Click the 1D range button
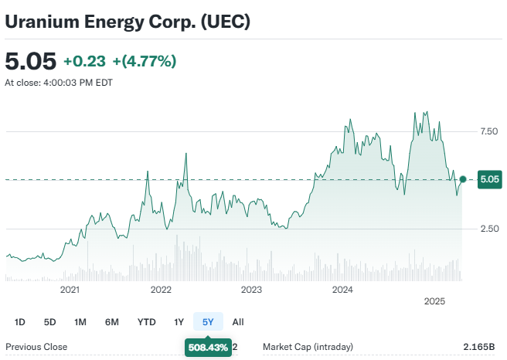pos(20,321)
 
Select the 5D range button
pos(50,321)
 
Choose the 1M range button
pos(80,321)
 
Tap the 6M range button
pos(112,321)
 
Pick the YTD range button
pos(147,321)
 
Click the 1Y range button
pos(179,321)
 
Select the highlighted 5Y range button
pos(208,321)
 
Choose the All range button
pos(238,321)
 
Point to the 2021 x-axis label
pos(70,290)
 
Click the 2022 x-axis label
pos(161,290)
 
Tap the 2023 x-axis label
pos(251,290)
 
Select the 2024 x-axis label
pos(342,290)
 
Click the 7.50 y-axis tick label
pos(488,131)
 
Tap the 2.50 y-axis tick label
pos(488,229)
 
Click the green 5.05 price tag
pos(489,180)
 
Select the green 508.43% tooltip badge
pos(208,348)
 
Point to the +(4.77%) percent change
pos(145,61)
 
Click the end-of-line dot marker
pos(462,179)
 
